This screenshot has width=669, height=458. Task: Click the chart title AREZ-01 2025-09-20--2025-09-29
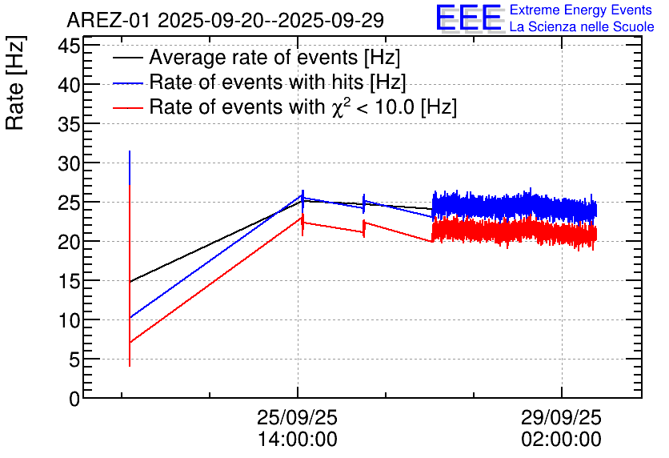click(x=225, y=19)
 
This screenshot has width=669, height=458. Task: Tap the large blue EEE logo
click(x=469, y=18)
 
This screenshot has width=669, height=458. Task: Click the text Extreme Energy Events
click(x=580, y=10)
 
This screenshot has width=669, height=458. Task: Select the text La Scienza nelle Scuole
click(x=582, y=27)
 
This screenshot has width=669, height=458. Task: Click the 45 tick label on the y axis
click(x=70, y=45)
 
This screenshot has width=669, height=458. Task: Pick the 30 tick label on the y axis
click(x=70, y=163)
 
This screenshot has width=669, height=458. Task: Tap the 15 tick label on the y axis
click(x=70, y=281)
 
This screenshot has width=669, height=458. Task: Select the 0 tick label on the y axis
click(x=74, y=399)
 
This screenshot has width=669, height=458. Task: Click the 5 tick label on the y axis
click(x=74, y=360)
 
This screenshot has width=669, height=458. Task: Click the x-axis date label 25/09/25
click(x=297, y=419)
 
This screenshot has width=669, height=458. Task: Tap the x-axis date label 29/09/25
click(x=561, y=419)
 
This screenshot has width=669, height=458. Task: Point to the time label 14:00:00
click(x=297, y=440)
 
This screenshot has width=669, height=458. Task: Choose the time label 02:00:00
click(x=561, y=440)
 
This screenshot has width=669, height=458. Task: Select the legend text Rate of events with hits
click(x=277, y=82)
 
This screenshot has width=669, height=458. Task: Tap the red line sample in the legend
click(x=128, y=106)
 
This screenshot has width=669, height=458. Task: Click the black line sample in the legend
click(x=128, y=58)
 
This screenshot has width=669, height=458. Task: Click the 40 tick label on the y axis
click(x=70, y=85)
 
